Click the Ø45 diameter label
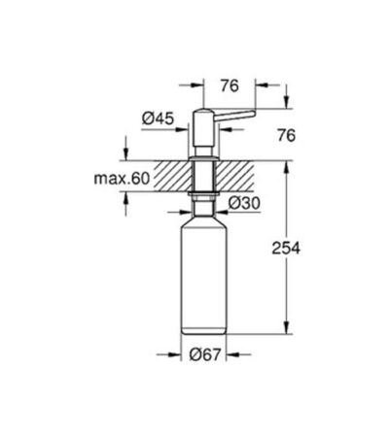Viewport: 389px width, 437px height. (158, 118)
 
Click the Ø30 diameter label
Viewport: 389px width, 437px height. (244, 203)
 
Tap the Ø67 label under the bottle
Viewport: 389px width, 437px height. (205, 354)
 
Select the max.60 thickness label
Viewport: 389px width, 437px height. (122, 179)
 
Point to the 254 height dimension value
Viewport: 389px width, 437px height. (286, 249)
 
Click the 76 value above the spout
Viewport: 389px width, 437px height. (230, 85)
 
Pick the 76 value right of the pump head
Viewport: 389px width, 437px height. (287, 136)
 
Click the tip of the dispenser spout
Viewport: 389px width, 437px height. (255, 114)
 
